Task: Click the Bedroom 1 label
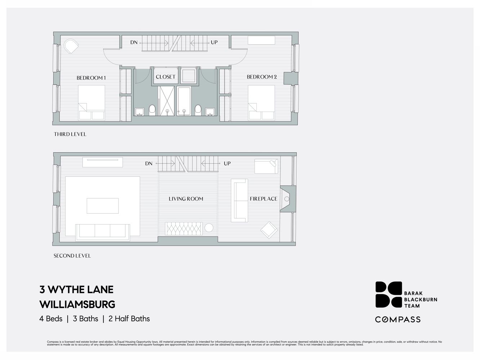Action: [x=91, y=78]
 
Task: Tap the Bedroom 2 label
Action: [x=262, y=77]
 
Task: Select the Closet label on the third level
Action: [x=166, y=77]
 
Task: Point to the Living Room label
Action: [x=186, y=199]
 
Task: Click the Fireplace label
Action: [x=264, y=199]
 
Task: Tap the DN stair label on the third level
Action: [x=134, y=42]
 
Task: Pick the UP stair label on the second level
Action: [x=227, y=163]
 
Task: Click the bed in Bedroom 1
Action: [x=92, y=103]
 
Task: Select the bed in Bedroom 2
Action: [x=261, y=103]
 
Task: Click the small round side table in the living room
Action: [x=209, y=228]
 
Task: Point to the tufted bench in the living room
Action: [x=184, y=229]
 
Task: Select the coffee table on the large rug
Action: [x=103, y=206]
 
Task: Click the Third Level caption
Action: [x=70, y=134]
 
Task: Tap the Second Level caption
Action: [x=72, y=256]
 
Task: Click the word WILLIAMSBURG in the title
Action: [x=77, y=304]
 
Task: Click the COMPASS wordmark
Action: [x=398, y=319]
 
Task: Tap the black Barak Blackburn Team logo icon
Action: [x=388, y=294]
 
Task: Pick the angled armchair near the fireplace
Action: [x=269, y=230]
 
